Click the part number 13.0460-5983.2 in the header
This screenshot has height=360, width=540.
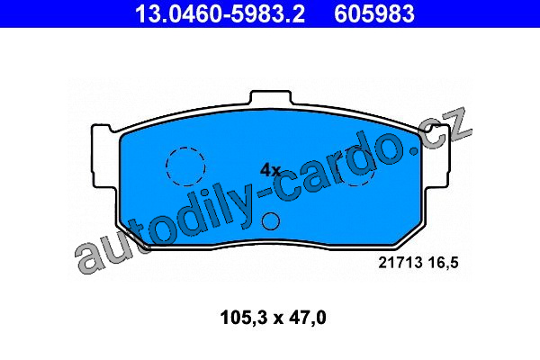click(x=220, y=13)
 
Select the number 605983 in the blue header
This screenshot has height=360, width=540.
click(x=374, y=13)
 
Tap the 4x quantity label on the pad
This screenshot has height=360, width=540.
click(x=270, y=170)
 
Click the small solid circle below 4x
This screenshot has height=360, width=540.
click(x=271, y=221)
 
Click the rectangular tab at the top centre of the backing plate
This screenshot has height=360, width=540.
click(x=271, y=96)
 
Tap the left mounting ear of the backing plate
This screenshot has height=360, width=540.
click(x=103, y=157)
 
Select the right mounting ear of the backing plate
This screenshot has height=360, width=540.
click(x=437, y=157)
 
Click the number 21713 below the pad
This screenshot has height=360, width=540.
click(x=400, y=263)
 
